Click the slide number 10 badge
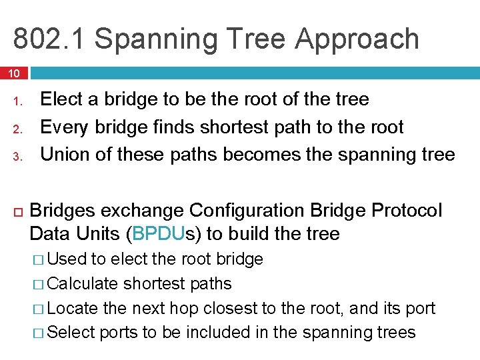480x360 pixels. (14, 72)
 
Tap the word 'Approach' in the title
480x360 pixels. (357, 39)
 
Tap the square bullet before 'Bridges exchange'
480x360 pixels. (17, 211)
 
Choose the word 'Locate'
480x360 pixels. (73, 308)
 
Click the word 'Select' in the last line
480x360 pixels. (72, 332)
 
